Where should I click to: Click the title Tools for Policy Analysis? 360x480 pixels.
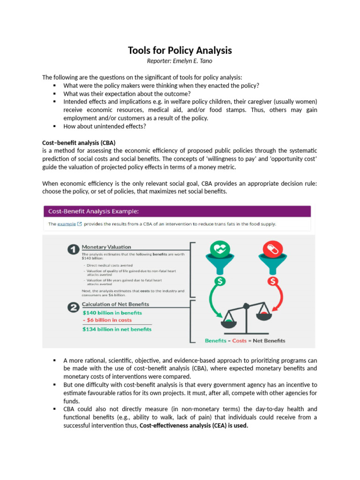pos(180,51)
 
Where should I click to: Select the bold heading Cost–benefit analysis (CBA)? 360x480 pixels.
pos(79,142)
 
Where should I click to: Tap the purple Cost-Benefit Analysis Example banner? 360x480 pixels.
pos(177,211)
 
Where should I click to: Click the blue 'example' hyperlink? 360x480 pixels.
pos(67,224)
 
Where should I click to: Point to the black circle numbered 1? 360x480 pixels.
pos(73,249)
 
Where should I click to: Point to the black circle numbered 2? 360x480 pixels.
pos(73,307)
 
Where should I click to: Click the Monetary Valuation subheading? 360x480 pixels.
pos(106,247)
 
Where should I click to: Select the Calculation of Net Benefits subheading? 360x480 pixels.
pos(115,305)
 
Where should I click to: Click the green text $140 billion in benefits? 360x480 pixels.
pos(112,313)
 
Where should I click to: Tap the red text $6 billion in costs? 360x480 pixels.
pos(107,320)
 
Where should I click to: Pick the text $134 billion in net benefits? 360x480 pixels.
pos(117,330)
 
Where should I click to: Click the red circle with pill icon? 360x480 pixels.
pos(274,249)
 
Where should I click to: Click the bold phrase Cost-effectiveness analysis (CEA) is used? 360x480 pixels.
pos(194,426)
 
